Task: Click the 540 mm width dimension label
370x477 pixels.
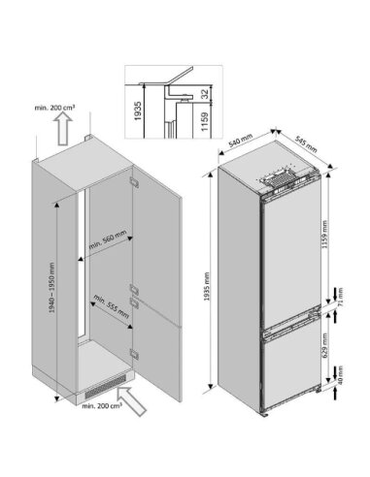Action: (240, 140)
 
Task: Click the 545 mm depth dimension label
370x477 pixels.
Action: (306, 143)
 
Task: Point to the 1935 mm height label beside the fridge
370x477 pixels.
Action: (207, 286)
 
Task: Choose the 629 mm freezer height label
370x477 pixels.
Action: (324, 344)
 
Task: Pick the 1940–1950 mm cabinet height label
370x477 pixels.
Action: (51, 288)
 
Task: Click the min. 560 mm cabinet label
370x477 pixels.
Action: (108, 238)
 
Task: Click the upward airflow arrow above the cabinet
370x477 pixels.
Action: (63, 130)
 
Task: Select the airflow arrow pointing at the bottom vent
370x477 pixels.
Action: (132, 400)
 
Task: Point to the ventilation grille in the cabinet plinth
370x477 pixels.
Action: (105, 387)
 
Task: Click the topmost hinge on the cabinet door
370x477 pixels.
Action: (134, 182)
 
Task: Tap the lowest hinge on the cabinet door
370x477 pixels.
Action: (134, 354)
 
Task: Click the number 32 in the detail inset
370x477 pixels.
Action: (205, 94)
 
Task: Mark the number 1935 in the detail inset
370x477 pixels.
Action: (138, 111)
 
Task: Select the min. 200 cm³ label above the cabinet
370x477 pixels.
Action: (55, 108)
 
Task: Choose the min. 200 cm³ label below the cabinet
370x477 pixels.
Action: (102, 405)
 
